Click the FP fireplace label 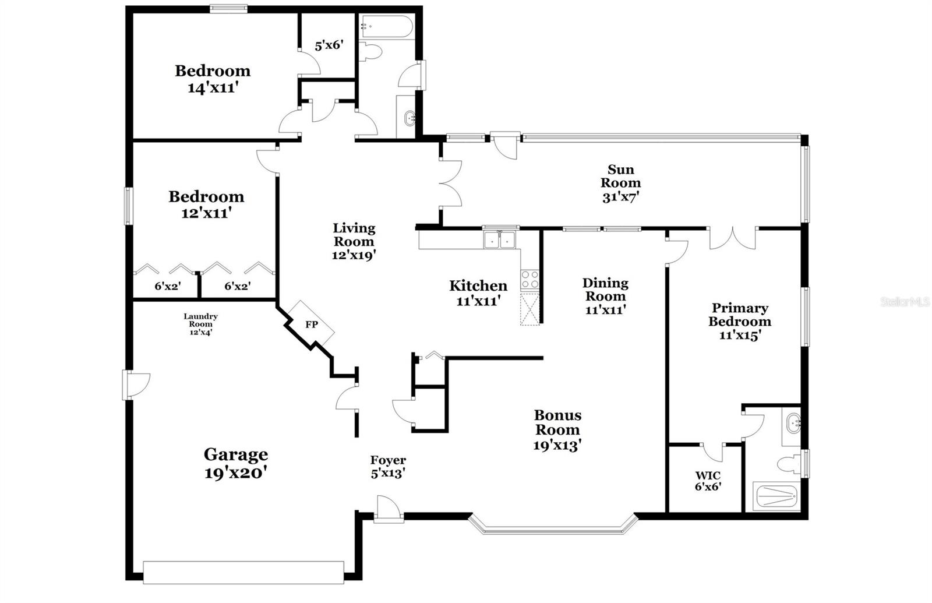312,325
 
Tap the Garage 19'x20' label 236,463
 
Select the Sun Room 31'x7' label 621,183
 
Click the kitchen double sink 500,239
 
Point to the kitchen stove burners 529,280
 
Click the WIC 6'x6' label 708,481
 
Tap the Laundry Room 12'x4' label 200,324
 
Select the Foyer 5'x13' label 388,467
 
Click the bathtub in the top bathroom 386,26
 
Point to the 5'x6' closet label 329,45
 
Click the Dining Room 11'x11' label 605,296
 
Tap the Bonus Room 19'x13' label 557,430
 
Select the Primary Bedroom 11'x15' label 740,321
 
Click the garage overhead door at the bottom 243,572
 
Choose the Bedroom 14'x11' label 213,79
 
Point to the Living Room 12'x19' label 354,241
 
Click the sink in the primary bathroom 793,424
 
